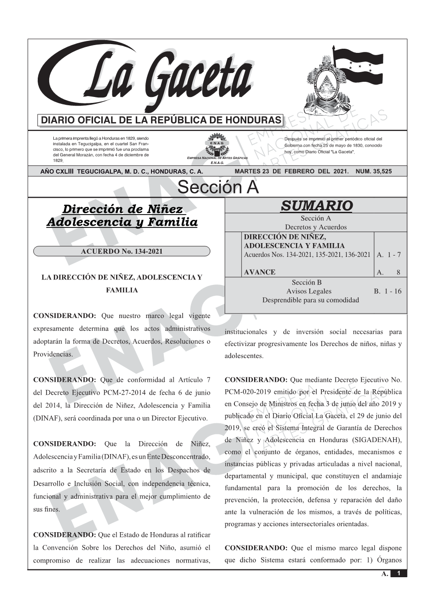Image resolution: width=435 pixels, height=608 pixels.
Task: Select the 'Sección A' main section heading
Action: point(218,188)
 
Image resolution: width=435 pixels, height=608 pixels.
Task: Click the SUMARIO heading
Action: point(316,205)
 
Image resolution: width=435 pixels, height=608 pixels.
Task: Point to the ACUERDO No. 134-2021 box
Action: point(122,251)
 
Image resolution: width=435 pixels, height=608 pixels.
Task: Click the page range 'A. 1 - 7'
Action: point(389,255)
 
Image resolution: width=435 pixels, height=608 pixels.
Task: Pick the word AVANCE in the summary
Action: point(260,272)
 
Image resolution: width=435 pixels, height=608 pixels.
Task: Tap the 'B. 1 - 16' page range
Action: point(388,291)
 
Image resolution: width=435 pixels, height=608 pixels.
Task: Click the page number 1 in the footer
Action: point(399,573)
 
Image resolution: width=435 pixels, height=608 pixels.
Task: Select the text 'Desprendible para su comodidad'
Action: point(310,300)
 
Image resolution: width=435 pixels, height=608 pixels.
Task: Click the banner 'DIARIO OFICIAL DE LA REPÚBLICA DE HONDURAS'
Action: point(161,120)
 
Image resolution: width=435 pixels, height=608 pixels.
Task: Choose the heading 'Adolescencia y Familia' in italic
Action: point(122,222)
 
